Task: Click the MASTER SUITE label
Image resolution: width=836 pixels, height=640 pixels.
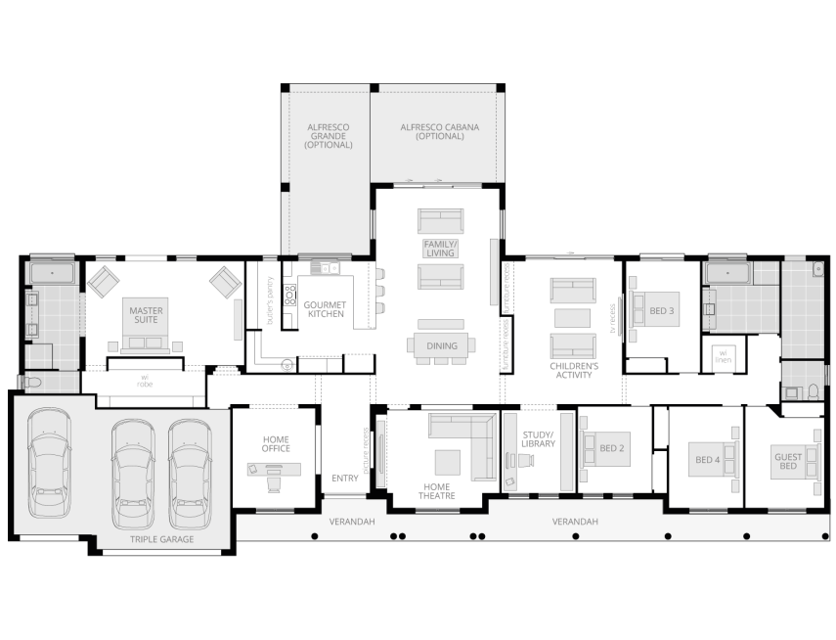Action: [x=147, y=317]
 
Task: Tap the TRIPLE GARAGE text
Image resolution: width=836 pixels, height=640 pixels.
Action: [x=162, y=539]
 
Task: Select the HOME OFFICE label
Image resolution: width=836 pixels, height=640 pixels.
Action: [x=275, y=443]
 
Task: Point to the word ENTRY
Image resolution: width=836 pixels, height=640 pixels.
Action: [x=345, y=478]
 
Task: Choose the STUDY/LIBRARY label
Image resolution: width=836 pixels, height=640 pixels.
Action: [x=537, y=438]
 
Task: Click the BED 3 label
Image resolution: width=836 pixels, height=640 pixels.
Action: [x=662, y=311]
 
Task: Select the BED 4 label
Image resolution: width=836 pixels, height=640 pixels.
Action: [x=707, y=459]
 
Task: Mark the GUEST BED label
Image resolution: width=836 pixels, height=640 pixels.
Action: [x=788, y=461]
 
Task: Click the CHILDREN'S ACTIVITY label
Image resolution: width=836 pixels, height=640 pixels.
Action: [x=573, y=369]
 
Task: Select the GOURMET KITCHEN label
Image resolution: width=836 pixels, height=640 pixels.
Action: [x=325, y=309]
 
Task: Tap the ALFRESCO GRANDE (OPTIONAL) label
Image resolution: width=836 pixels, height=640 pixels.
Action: [x=327, y=136]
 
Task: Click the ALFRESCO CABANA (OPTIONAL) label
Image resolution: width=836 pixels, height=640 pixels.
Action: [x=436, y=131]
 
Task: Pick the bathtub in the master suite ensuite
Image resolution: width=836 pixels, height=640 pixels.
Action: [x=52, y=273]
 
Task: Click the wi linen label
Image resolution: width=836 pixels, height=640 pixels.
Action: [x=724, y=356]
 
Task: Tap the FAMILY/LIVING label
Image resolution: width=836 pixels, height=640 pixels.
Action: [x=440, y=248]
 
